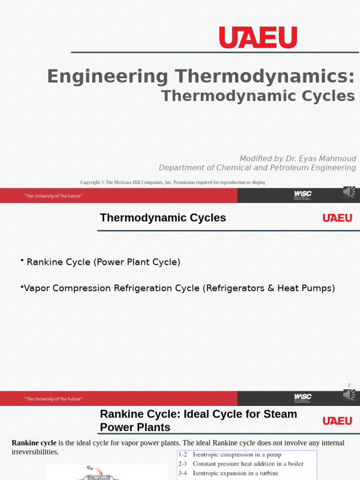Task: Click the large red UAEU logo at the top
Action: [x=258, y=37]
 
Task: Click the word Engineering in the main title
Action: [x=107, y=76]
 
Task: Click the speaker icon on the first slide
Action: [x=349, y=192]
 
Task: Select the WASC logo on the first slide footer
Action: [x=302, y=195]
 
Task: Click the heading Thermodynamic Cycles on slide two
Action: [x=163, y=218]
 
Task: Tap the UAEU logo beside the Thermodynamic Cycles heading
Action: [x=337, y=218]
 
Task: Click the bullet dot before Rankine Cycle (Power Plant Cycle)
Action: [x=22, y=260]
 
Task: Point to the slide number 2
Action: [x=349, y=385]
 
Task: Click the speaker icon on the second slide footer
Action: [x=349, y=395]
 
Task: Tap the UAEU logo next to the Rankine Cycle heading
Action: [x=337, y=421]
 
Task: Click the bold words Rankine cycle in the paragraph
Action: [x=34, y=443]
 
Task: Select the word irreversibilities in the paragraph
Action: [x=35, y=452]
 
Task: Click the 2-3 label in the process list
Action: [x=182, y=464]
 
